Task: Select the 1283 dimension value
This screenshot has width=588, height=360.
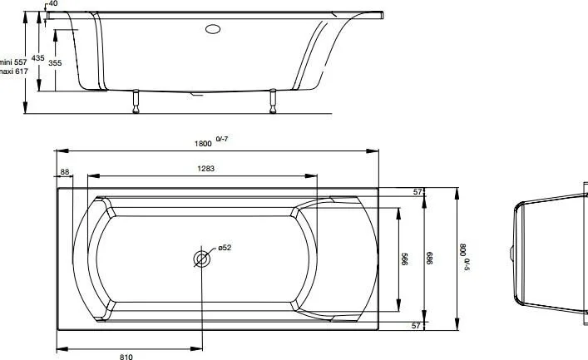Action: click(205, 169)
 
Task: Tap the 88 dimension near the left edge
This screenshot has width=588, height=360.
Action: click(66, 172)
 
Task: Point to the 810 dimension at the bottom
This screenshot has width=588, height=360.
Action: click(126, 356)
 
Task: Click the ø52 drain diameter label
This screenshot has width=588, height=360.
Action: click(224, 248)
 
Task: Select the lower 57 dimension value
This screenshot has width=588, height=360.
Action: click(418, 326)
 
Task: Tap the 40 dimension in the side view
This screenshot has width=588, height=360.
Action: click(53, 4)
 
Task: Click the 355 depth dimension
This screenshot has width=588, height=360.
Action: click(54, 63)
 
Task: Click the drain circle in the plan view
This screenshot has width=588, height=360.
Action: click(201, 259)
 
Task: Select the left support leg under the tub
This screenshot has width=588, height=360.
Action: click(134, 101)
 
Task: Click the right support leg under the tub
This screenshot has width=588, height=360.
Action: click(272, 101)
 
